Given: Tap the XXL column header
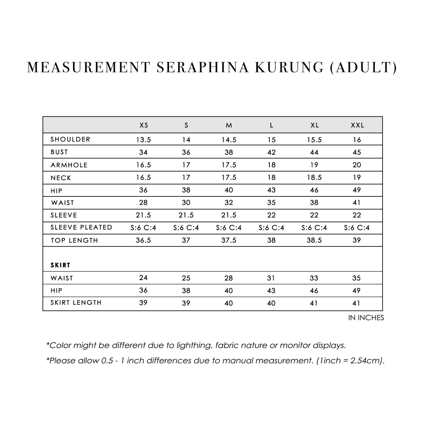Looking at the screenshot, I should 357,125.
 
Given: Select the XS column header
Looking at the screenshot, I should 144,125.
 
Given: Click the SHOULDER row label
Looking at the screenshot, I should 70,139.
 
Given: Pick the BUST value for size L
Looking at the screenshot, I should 272,152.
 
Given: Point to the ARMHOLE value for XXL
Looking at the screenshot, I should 357,165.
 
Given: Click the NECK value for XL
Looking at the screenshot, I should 314,178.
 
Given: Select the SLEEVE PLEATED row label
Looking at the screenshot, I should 81,227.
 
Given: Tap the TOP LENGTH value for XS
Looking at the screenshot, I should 144,240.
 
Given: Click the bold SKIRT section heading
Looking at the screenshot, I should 60,265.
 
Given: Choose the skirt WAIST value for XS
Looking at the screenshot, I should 144,278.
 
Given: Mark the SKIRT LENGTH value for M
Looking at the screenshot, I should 229,303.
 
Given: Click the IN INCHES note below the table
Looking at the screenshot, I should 366,318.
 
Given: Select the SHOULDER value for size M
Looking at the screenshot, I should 229,139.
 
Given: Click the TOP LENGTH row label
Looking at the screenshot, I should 74,240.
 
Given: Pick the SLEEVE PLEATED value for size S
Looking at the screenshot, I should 186,228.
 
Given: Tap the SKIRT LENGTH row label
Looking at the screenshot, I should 76,303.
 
